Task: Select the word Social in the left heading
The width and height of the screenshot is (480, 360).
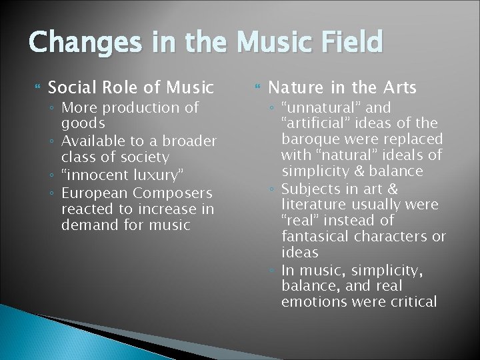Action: [x=71, y=87]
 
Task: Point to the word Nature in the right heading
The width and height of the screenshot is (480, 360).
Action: [x=294, y=87]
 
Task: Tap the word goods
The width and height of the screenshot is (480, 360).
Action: [x=83, y=124]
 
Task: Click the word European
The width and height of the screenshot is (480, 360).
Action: [x=94, y=193]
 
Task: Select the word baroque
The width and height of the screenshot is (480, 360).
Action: [x=311, y=139]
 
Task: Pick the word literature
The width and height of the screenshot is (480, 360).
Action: [x=313, y=204]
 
